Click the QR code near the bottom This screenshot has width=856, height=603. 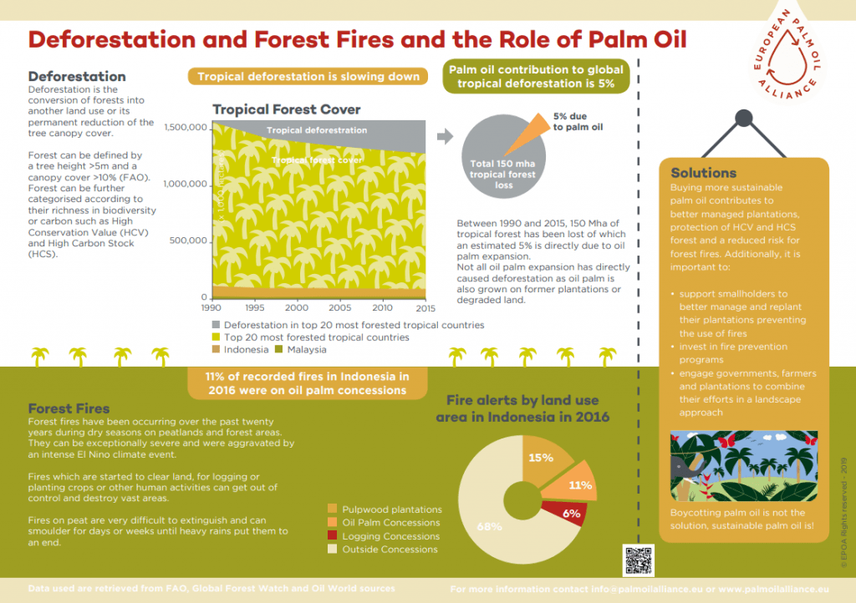(x=638, y=560)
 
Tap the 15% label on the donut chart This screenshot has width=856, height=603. (x=540, y=458)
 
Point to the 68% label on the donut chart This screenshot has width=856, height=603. (x=489, y=527)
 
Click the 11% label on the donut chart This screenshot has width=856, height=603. (x=580, y=484)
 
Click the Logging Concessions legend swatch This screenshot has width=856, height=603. (x=333, y=536)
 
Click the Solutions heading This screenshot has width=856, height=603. (x=703, y=173)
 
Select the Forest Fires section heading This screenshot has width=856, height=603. (x=69, y=408)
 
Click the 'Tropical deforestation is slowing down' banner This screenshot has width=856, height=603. (x=308, y=77)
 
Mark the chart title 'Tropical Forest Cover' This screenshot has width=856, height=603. (x=286, y=109)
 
